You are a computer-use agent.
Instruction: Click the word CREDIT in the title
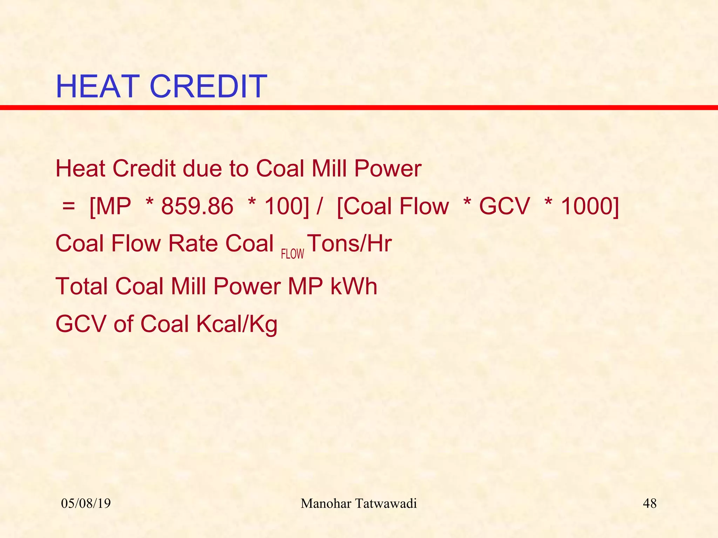[x=208, y=87]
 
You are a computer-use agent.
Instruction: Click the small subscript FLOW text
[x=292, y=254]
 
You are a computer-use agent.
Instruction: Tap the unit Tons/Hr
[x=350, y=243]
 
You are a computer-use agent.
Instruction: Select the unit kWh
[x=354, y=287]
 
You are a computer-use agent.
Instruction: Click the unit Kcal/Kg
[x=237, y=324]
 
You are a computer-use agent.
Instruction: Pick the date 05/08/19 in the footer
[x=86, y=504]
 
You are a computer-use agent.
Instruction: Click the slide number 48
[x=650, y=504]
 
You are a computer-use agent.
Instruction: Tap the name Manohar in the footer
[x=326, y=504]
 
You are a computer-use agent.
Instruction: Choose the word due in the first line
[x=202, y=169]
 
